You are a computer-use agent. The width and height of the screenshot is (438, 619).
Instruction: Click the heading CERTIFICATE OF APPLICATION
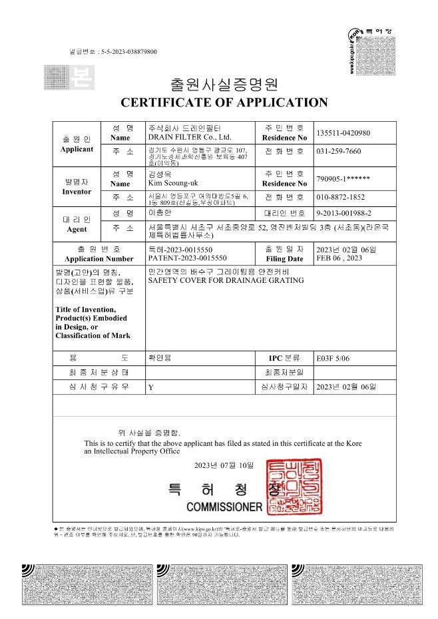224,103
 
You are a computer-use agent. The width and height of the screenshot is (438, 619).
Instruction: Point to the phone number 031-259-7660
339,152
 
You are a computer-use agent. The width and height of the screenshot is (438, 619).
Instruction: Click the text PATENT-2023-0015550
187,258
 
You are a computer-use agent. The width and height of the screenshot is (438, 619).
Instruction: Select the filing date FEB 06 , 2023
340,258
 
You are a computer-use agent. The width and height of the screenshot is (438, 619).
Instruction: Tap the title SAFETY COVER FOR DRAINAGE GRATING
226,280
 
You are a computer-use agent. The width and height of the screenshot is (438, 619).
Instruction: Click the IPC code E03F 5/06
333,358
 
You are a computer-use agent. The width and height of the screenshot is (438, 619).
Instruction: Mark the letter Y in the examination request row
150,387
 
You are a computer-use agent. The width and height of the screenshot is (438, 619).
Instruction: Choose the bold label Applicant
77,149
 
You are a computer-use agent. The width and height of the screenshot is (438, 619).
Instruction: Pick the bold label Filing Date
284,259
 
